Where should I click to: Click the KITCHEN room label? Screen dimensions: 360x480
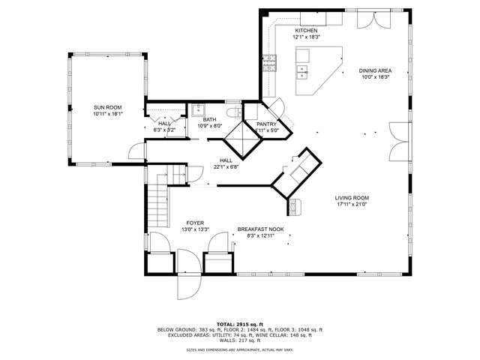click(x=307, y=30)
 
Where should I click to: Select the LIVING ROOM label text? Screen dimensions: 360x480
click(x=352, y=198)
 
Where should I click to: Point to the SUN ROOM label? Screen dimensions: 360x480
click(x=107, y=108)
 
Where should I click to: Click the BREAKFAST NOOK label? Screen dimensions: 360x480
click(x=261, y=229)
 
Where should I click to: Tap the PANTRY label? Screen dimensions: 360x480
click(x=267, y=124)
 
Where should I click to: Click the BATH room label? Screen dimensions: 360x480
click(x=209, y=119)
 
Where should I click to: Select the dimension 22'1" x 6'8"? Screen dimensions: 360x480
click(x=226, y=166)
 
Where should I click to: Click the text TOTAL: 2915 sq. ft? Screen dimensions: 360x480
click(x=239, y=322)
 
